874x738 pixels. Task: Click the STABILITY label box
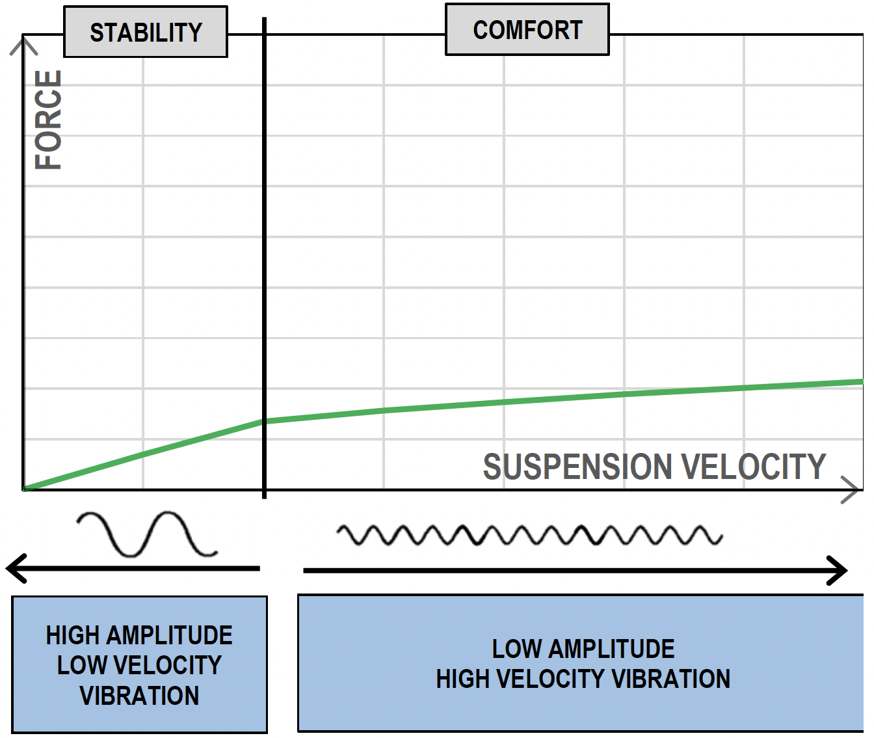[146, 32]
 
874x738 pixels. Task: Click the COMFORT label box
[527, 30]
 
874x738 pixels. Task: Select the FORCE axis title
[49, 120]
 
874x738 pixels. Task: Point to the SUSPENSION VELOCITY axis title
[654, 467]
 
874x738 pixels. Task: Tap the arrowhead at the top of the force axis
[24, 44]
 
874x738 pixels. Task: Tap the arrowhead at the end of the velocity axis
[851, 489]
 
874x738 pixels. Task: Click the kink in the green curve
[264, 421]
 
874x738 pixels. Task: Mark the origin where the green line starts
[24, 489]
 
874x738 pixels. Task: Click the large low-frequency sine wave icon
[146, 534]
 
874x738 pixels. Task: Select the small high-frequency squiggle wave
[529, 535]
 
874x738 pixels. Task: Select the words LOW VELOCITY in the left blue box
[139, 665]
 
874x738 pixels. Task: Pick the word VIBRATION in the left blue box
[139, 696]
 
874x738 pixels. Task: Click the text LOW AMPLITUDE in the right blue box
[583, 649]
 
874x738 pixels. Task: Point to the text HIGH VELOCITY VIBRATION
[583, 679]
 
